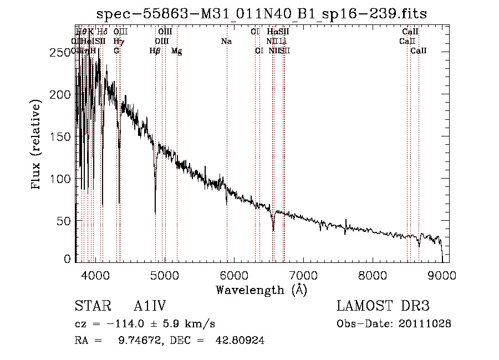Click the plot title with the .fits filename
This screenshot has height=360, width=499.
262,14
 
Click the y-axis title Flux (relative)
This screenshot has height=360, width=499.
37,145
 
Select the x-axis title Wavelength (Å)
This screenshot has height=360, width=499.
261,290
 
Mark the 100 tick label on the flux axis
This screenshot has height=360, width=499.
62,179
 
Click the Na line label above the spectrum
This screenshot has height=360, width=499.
226,41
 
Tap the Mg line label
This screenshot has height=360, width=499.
177,51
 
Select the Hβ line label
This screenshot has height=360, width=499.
155,51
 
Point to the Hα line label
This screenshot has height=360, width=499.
272,32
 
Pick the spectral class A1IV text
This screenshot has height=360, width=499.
150,306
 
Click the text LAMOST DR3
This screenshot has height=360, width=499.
383,306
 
